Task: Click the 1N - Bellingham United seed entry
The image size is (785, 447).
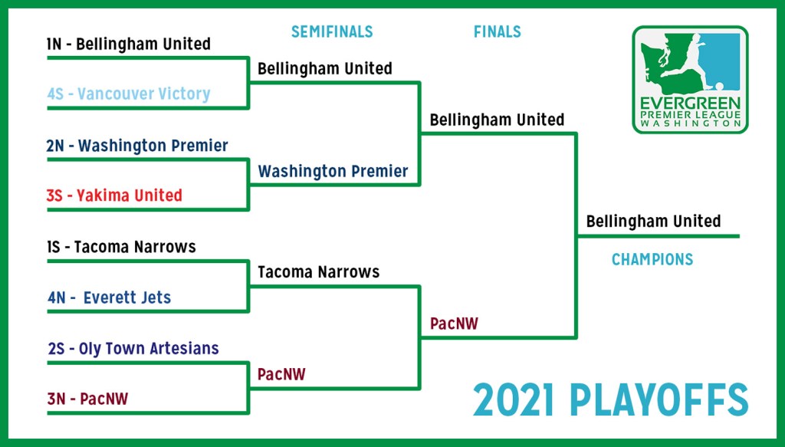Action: point(128,44)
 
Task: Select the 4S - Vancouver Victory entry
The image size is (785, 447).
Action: point(129,94)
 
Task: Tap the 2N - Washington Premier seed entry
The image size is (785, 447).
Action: point(137,146)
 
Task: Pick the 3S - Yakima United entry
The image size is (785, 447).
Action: point(114,196)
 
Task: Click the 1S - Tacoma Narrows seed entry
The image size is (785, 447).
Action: point(121,247)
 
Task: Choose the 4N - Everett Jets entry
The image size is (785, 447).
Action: point(109,297)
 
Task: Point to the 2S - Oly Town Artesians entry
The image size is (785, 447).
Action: point(133,348)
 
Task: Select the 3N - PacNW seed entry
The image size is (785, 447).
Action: point(87,399)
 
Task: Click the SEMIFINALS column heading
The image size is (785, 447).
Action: point(332,32)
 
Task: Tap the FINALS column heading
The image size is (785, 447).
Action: point(497,32)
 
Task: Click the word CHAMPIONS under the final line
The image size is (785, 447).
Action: point(652,259)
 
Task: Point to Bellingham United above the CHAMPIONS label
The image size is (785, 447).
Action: point(653,222)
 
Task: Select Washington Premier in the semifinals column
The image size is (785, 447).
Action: point(333,171)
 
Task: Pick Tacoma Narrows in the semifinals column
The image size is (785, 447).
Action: point(318,272)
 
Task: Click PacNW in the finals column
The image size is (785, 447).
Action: point(454,324)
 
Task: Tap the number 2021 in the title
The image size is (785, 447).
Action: point(514,400)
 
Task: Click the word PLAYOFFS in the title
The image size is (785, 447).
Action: point(659,400)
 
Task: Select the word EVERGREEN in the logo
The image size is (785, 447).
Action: point(690,104)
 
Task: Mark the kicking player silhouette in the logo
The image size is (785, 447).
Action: point(691,60)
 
